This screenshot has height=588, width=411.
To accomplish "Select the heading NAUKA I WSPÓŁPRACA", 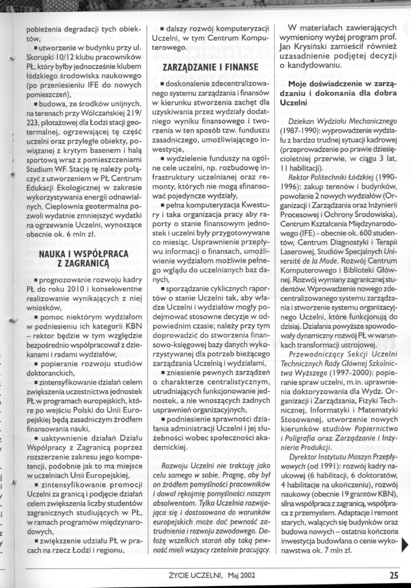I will click(84, 254).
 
